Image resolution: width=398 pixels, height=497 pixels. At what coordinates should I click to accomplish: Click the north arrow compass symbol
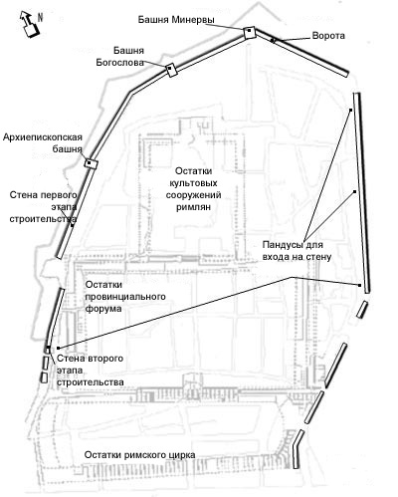29,24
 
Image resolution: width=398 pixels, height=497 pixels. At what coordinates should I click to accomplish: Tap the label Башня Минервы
176,20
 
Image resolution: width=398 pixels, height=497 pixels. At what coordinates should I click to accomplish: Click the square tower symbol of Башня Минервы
249,33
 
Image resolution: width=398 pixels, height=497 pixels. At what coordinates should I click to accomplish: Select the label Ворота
328,36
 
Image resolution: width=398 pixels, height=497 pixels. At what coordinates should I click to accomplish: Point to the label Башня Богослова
120,57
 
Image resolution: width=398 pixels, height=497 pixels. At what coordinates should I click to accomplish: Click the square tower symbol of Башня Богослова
171,70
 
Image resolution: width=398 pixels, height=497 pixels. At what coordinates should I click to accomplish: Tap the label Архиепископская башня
43,143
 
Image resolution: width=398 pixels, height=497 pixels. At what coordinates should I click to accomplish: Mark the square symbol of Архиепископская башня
91,162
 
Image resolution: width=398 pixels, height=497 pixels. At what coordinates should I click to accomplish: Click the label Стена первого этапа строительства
43,206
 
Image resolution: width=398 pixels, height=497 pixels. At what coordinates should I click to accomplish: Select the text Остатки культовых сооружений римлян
193,189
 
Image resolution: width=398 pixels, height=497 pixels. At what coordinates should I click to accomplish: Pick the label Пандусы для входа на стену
297,251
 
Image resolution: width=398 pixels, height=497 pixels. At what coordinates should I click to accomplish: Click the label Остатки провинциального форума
125,297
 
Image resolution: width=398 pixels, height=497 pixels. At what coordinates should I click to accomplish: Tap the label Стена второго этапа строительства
91,371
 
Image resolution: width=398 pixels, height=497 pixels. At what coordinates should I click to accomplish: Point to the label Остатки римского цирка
139,454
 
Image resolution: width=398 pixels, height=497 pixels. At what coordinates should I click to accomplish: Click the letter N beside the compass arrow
40,17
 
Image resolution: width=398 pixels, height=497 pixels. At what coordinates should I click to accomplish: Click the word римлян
193,207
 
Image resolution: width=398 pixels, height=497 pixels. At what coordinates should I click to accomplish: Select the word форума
103,309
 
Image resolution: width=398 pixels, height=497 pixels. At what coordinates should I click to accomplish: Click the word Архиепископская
43,137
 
